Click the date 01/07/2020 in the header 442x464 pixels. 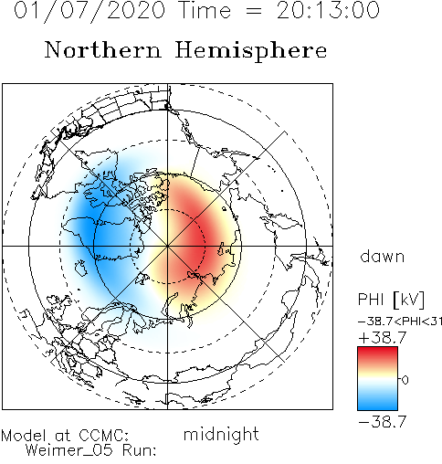[89, 10]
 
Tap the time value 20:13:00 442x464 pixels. [328, 10]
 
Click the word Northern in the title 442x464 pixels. [103, 49]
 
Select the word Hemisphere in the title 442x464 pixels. [251, 51]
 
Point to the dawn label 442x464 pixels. [383, 257]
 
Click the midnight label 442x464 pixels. [221, 435]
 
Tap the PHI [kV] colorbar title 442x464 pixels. [391, 300]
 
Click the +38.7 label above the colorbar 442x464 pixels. [383, 338]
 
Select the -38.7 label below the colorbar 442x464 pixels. [383, 422]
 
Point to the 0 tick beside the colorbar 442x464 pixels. [405, 380]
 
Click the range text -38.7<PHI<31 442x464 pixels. [400, 322]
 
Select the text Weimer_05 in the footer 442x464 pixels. [69, 449]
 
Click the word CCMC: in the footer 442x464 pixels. [104, 435]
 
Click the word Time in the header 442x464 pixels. [205, 10]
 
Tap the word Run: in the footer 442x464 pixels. [140, 449]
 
